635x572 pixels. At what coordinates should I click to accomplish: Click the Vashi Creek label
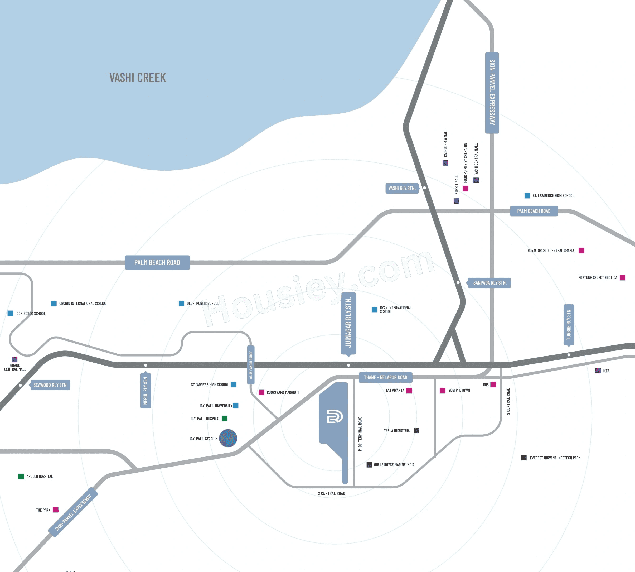click(137, 78)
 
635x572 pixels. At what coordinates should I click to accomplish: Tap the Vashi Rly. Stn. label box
click(402, 188)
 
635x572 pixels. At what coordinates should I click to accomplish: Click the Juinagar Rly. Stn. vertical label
click(348, 323)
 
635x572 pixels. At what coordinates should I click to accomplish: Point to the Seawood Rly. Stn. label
click(50, 385)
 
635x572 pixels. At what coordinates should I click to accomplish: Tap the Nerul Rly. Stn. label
click(146, 390)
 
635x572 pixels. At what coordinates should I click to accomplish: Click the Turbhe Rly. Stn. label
click(569, 324)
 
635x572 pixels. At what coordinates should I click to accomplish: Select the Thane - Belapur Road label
click(386, 377)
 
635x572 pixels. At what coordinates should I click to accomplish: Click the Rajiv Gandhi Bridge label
click(251, 364)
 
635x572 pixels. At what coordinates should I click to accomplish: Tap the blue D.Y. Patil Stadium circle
click(228, 438)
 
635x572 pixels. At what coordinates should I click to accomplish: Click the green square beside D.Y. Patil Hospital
click(224, 418)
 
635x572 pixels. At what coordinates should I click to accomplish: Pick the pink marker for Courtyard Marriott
click(261, 392)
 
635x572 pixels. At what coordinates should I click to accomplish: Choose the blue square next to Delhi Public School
click(181, 303)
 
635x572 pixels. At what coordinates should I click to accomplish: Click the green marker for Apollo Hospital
click(21, 477)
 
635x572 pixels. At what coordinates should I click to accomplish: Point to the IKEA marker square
click(598, 371)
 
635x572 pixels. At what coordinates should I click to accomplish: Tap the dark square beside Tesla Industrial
click(417, 431)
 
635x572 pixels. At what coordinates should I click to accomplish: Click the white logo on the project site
click(335, 417)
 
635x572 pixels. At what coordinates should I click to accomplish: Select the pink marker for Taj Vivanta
click(409, 391)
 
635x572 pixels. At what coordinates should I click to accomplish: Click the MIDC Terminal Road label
click(360, 434)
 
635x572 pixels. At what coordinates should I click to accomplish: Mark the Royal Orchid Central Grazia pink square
click(581, 251)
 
